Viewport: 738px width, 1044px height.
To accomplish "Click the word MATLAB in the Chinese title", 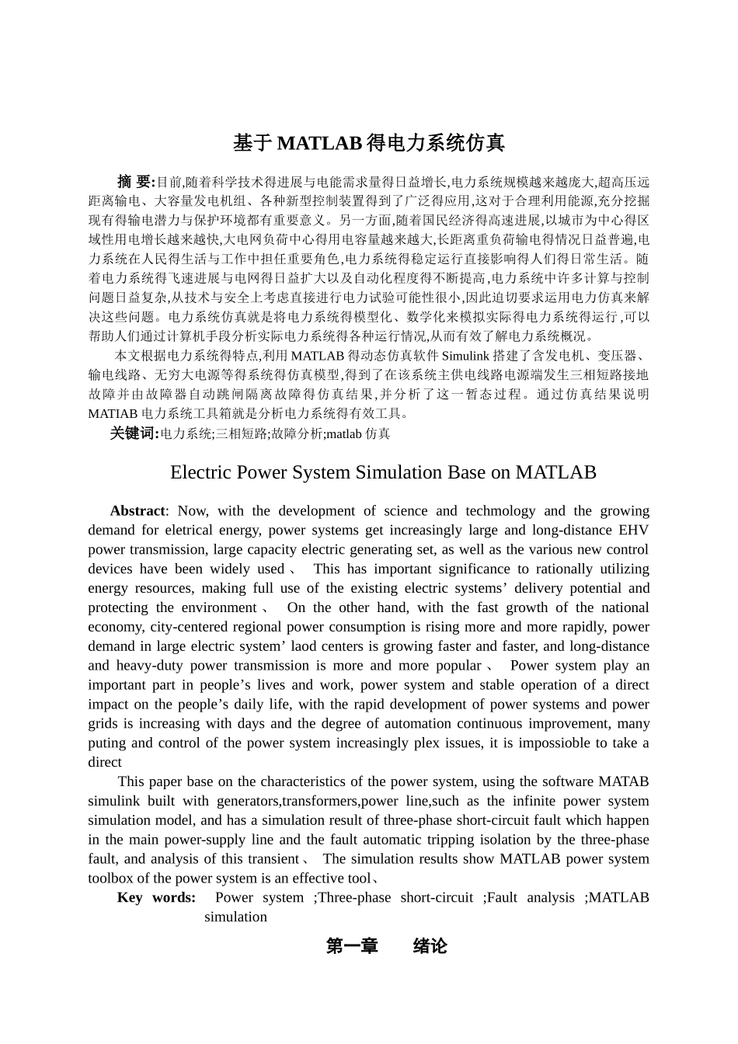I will click(319, 144).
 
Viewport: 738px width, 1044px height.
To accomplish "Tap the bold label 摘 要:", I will click(137, 183).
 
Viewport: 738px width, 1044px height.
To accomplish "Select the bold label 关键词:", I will click(134, 433).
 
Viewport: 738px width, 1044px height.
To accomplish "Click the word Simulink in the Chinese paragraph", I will click(465, 357).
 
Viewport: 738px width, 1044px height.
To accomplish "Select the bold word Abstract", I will click(138, 511).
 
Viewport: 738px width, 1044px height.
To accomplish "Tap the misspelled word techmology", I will click(500, 511).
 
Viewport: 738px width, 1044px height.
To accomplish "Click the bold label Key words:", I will click(156, 898).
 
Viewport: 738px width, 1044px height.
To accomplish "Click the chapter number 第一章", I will click(352, 946).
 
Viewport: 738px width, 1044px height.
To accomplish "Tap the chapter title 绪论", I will click(430, 946).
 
